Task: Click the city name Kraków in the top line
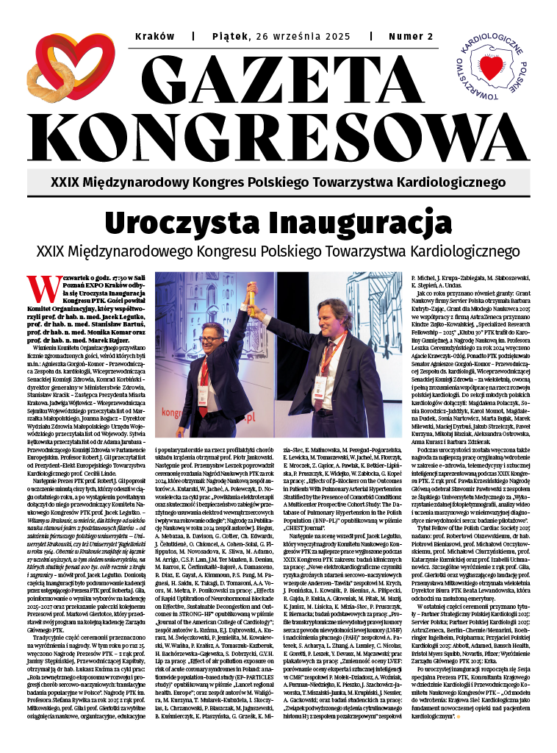coord(151,36)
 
